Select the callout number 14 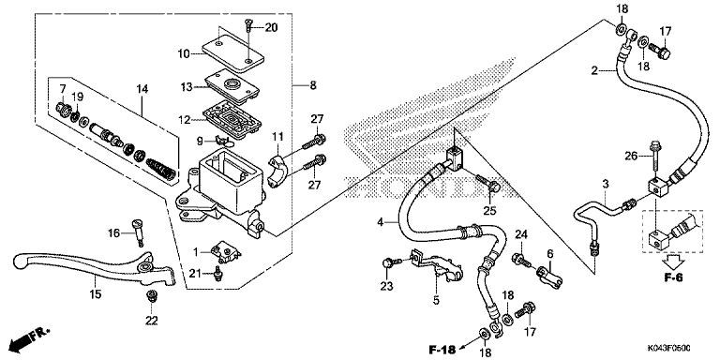(x=142, y=89)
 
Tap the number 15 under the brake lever (x=95, y=294)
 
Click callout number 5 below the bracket (x=436, y=301)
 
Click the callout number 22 (x=152, y=321)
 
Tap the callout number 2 (x=593, y=70)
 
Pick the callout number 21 (x=195, y=273)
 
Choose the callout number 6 (x=550, y=253)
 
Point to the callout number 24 (x=521, y=234)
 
